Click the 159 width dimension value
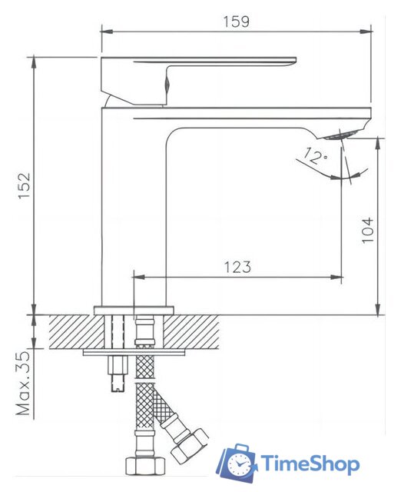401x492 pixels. click(x=237, y=22)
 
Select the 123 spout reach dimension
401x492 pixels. click(x=237, y=267)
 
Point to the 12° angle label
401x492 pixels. click(x=314, y=158)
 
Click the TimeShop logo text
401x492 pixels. click(x=310, y=464)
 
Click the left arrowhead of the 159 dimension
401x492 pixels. click(x=106, y=32)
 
